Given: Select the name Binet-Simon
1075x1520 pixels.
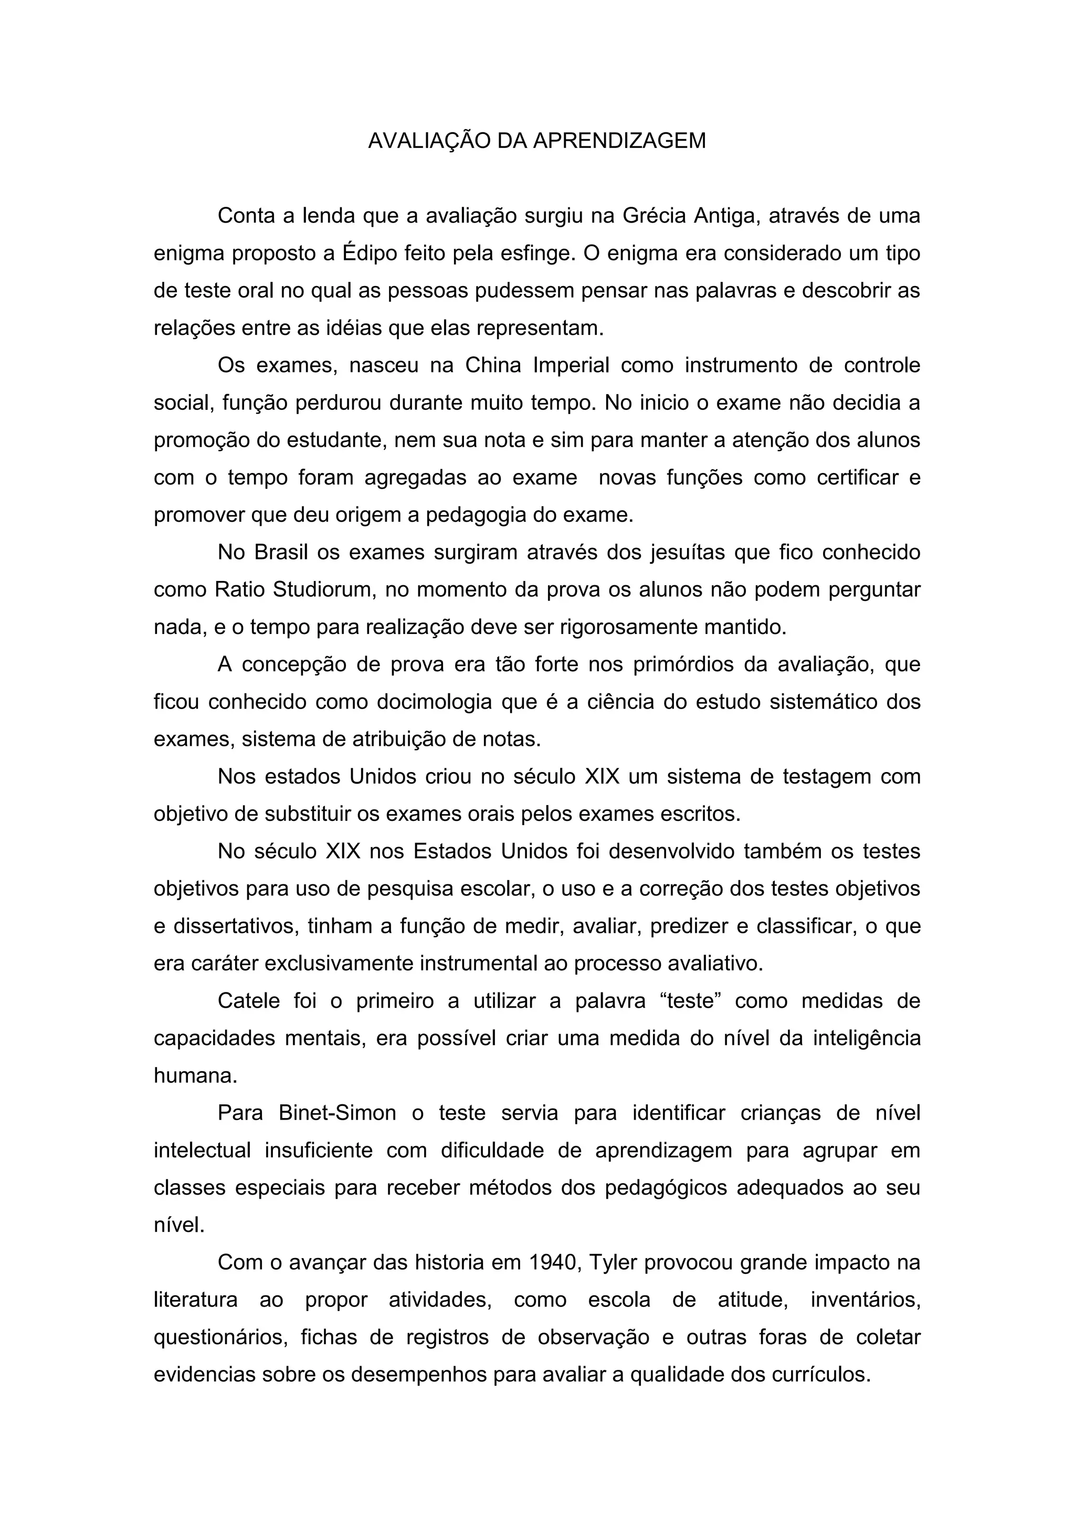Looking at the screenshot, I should click(x=337, y=1113).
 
